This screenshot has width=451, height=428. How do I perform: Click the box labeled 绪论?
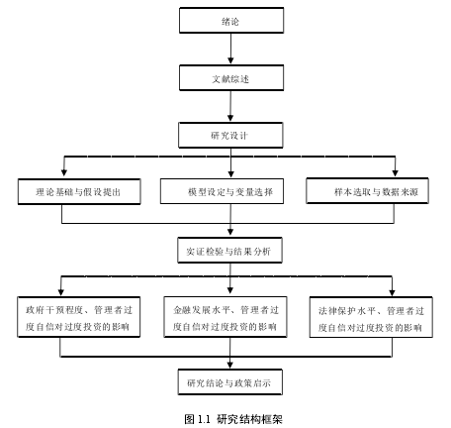[x=231, y=21]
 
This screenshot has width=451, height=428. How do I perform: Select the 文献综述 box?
[x=231, y=78]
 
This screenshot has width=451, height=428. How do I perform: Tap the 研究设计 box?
[x=230, y=135]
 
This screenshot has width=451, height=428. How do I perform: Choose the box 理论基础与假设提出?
[x=79, y=191]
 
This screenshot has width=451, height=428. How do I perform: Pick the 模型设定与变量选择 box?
[x=222, y=191]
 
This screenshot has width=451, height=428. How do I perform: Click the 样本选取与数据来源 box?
[x=367, y=190]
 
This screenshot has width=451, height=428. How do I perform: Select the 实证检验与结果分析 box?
[x=229, y=250]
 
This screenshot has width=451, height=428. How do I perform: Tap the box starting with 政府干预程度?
[x=79, y=317]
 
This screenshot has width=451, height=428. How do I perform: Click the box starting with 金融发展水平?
[x=225, y=317]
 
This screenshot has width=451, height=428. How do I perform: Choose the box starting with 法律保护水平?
[x=371, y=317]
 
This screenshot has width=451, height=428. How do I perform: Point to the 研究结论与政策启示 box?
[x=230, y=382]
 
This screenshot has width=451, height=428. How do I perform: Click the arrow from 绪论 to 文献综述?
[x=230, y=49]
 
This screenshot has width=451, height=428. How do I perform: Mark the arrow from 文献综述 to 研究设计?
[x=230, y=106]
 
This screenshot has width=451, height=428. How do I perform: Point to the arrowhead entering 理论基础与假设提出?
[x=64, y=172]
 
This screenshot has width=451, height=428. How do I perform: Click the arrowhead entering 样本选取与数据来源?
[x=395, y=172]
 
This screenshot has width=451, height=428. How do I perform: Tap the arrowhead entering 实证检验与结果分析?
[x=230, y=232]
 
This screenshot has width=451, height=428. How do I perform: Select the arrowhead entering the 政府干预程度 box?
[x=61, y=292]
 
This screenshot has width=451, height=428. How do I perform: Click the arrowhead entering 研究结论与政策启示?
[x=230, y=365]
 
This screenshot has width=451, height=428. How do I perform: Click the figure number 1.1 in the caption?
[x=204, y=419]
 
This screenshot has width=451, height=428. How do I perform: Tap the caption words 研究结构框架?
[x=249, y=419]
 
